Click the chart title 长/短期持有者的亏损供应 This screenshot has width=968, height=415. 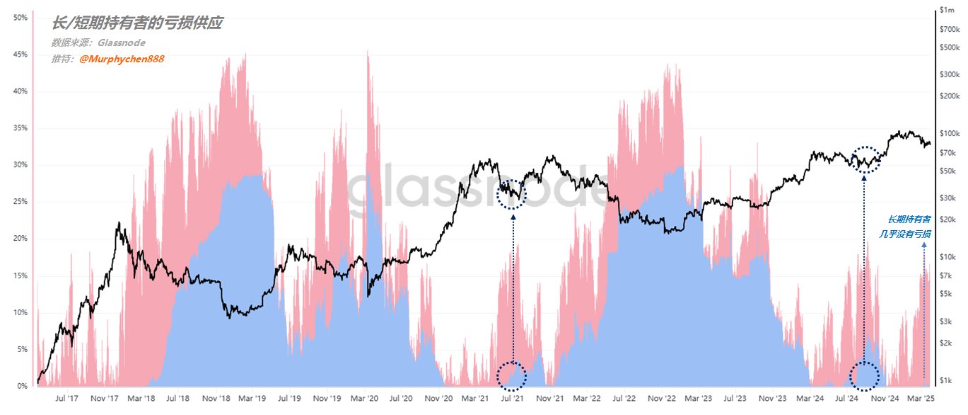[137, 23]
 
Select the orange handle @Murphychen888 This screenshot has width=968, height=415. [122, 59]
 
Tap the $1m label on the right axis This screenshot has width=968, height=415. [947, 10]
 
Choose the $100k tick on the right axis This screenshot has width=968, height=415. [949, 134]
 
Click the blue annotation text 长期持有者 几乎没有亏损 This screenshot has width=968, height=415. [909, 227]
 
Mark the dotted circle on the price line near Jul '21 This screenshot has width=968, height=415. [513, 194]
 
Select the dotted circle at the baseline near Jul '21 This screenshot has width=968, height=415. [512, 375]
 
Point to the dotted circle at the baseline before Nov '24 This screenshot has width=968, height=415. [865, 375]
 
